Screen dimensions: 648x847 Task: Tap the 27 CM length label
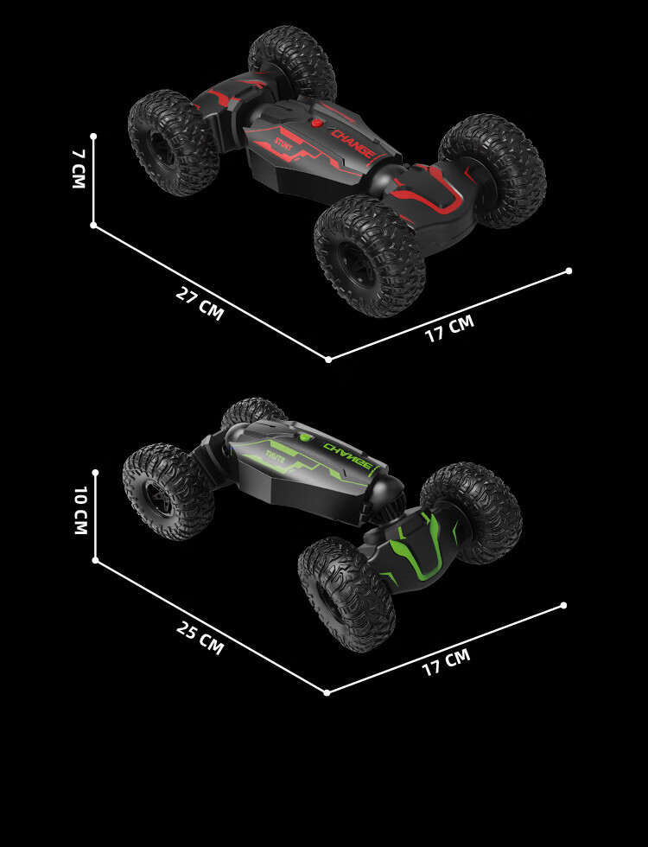point(200,304)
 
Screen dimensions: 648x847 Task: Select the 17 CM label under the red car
point(449,328)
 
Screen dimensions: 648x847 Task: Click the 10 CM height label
point(80,510)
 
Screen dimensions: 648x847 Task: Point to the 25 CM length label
point(200,638)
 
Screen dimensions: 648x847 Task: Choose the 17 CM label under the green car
point(446,662)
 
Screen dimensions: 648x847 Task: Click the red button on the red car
point(317,124)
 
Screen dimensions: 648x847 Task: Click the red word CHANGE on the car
point(353,143)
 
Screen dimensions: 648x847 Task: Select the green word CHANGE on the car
point(347,455)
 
